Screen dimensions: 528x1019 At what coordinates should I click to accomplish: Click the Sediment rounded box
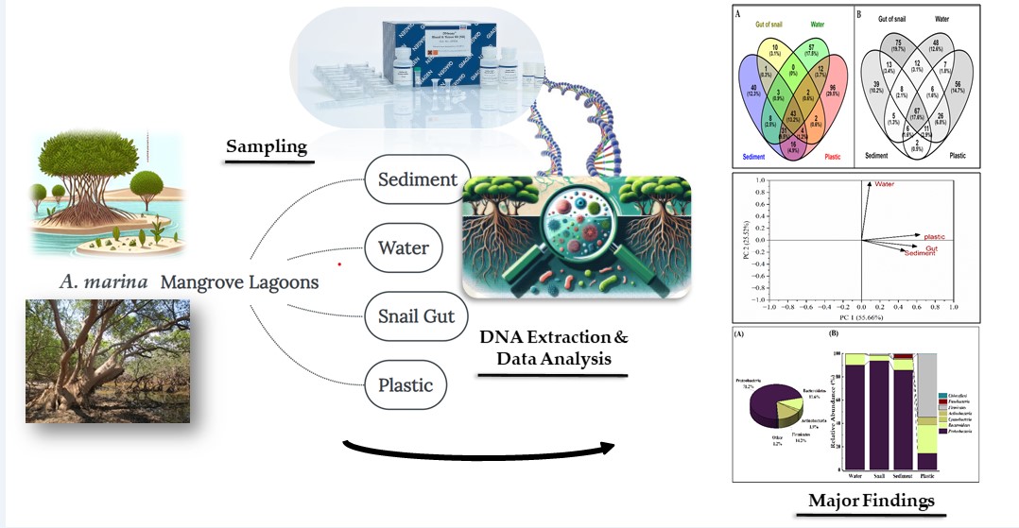[x=417, y=179]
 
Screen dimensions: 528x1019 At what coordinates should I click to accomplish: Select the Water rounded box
[x=404, y=248]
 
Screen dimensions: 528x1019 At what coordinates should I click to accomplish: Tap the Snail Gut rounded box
[x=417, y=316]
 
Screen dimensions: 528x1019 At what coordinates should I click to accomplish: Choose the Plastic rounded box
[x=406, y=385]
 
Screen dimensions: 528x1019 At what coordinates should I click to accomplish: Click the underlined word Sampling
[x=266, y=147]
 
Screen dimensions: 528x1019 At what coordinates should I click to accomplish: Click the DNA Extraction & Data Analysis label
[x=553, y=348]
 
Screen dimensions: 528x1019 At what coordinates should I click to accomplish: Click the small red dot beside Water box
[x=338, y=264]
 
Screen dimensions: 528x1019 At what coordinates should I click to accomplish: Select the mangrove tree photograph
[x=107, y=360]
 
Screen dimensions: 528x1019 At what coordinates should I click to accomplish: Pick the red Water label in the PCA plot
[x=884, y=184]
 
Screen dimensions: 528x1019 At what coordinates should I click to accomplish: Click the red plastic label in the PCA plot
[x=934, y=236]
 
